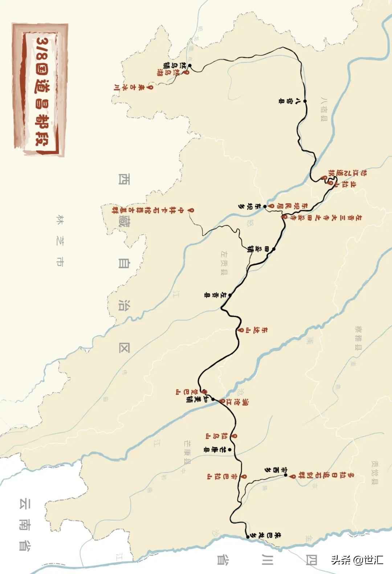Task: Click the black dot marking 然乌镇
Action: (x=189, y=66)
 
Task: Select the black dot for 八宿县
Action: (x=305, y=101)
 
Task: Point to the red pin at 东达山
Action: (x=241, y=330)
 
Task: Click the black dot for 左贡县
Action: (x=229, y=295)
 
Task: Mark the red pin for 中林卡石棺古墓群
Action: (x=189, y=210)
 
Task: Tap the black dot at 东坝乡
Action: (x=265, y=206)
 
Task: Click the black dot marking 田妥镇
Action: (x=273, y=249)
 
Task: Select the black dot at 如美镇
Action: (x=213, y=399)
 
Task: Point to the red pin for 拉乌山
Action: (x=235, y=436)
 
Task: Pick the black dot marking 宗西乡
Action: (x=286, y=475)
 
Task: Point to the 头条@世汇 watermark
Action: (x=356, y=559)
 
